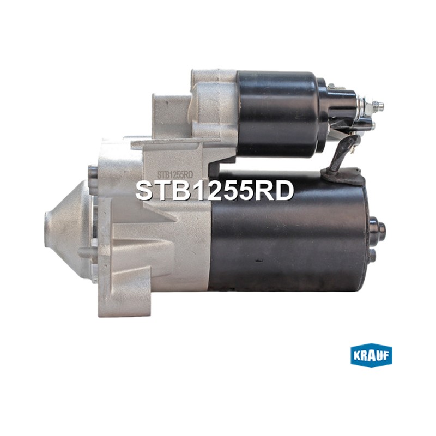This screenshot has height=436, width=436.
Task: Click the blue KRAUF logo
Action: [x=371, y=357]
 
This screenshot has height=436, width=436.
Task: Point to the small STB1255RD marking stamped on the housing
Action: [x=175, y=174]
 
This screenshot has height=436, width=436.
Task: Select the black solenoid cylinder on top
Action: [x=278, y=114]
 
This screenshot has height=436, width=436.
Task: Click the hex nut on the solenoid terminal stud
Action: [x=367, y=106]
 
